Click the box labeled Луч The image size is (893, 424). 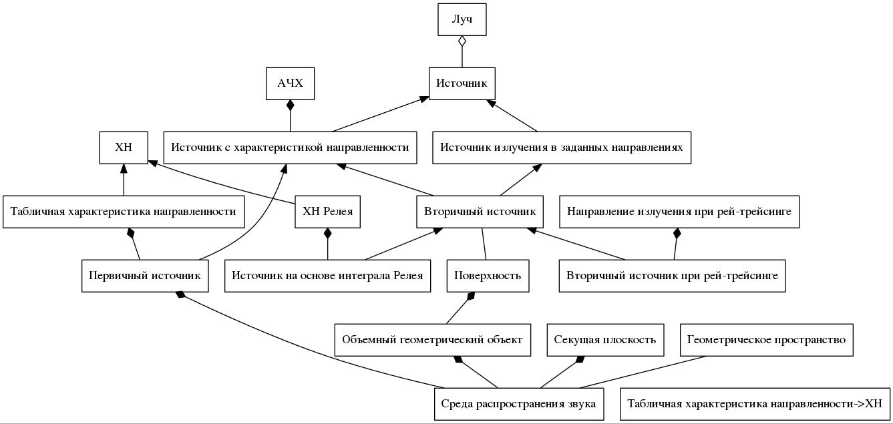point(462,19)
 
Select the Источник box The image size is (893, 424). point(462,83)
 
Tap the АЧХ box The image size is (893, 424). point(290,83)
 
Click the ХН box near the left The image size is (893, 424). point(124,148)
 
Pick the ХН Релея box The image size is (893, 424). point(327,212)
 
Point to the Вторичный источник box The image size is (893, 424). point(480,212)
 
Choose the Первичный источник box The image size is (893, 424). point(145,276)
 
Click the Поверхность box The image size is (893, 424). point(488,276)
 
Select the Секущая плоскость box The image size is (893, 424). point(605,340)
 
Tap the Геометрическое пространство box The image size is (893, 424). point(766,340)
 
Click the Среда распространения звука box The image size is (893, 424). point(518,404)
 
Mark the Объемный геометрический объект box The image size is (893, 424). point(432,340)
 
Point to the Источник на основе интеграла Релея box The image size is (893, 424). point(327,276)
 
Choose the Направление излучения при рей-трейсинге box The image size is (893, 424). point(679,212)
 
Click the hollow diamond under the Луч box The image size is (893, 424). point(462,41)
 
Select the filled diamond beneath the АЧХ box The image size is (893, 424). point(290,105)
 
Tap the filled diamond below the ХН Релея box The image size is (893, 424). point(327,234)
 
